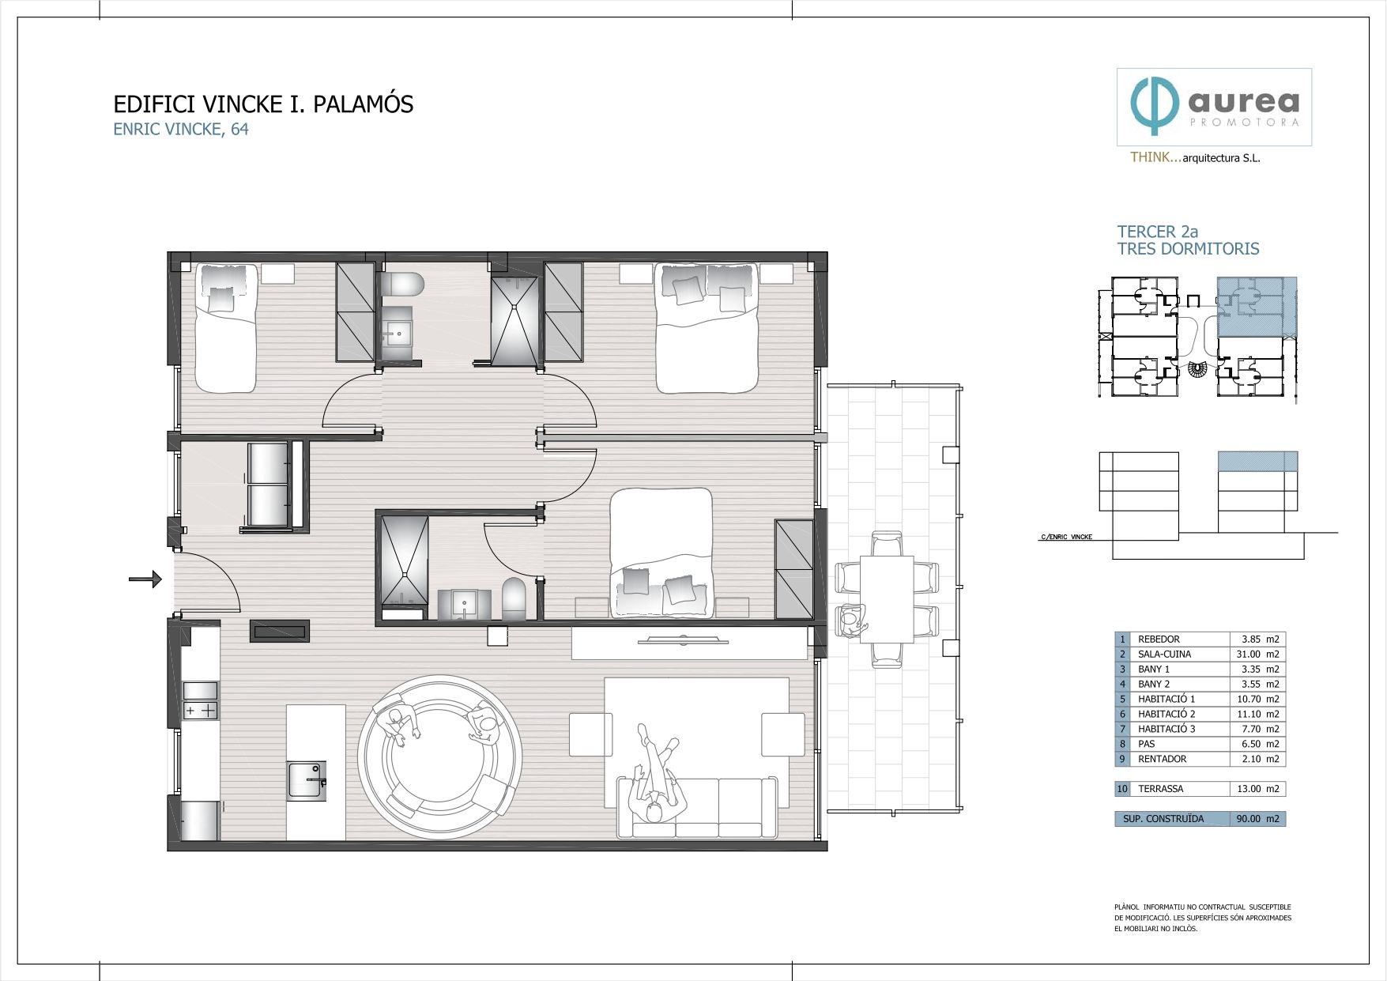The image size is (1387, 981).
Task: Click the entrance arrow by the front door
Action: click(x=145, y=579)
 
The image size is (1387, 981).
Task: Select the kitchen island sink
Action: click(x=306, y=780)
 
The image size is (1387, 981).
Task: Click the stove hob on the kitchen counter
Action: click(x=200, y=710)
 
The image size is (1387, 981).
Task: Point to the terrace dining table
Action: click(x=887, y=598)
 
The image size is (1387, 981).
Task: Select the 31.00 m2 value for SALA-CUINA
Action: click(x=1257, y=654)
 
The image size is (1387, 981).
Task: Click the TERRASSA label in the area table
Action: click(x=1160, y=788)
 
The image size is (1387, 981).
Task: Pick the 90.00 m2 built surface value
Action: click(x=1257, y=818)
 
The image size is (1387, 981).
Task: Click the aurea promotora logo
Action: click(x=1214, y=107)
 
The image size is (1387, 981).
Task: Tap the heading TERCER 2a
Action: click(x=1157, y=232)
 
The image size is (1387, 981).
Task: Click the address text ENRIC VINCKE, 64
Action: click(x=181, y=130)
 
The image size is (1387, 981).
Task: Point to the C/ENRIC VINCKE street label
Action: click(x=1066, y=537)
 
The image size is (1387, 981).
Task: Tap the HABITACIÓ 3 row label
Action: click(x=1166, y=729)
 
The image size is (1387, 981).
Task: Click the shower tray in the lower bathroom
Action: click(x=405, y=561)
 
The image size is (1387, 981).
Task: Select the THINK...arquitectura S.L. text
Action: click(x=1195, y=157)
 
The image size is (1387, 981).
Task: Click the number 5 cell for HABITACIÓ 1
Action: click(x=1122, y=699)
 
